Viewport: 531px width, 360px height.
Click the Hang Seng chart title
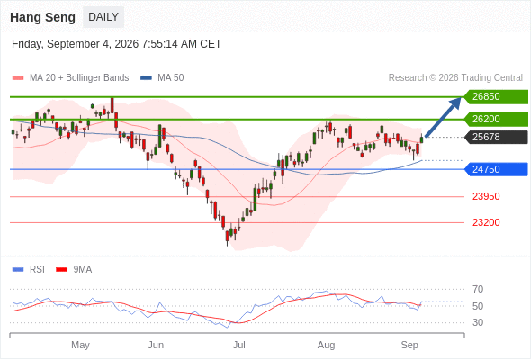[x=42, y=17]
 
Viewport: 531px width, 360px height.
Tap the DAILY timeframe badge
[x=103, y=17]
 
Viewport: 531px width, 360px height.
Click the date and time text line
[x=116, y=44]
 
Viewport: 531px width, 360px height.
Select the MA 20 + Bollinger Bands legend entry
[x=70, y=78]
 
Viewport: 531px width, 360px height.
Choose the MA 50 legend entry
[x=162, y=78]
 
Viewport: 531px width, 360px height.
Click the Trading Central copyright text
[x=455, y=78]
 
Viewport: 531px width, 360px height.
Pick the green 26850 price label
[x=496, y=97]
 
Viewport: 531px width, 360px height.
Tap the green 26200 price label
[x=496, y=119]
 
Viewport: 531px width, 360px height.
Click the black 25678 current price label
[x=496, y=137]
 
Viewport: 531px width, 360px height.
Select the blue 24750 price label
[x=496, y=169]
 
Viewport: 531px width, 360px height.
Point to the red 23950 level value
[x=486, y=196]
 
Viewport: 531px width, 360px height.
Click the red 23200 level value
[x=486, y=222]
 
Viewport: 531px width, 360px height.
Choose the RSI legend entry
[x=29, y=270]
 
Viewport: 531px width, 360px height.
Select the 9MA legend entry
[x=74, y=270]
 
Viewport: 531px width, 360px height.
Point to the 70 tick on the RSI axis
[x=478, y=289]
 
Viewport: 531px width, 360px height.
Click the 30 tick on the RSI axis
[x=478, y=322]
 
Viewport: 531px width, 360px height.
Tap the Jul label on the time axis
[x=239, y=345]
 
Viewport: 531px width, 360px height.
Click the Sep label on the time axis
[x=409, y=345]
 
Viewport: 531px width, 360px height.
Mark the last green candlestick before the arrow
[x=421, y=139]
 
